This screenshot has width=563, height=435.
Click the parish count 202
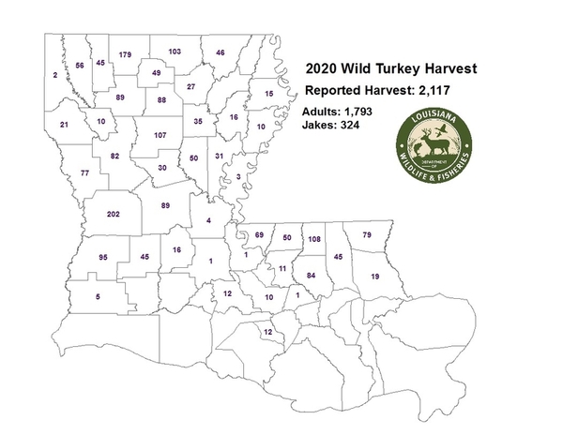114,215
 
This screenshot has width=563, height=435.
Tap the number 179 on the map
125,55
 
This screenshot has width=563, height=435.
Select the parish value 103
174,51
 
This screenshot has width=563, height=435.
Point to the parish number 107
160,136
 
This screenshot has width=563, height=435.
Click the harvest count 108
315,240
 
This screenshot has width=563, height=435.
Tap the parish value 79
368,233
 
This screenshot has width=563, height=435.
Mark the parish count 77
85,173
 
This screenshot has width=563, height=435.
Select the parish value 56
80,66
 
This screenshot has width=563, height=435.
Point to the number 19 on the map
374,277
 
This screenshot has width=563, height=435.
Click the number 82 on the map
115,156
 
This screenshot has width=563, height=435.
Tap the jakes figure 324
359,125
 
